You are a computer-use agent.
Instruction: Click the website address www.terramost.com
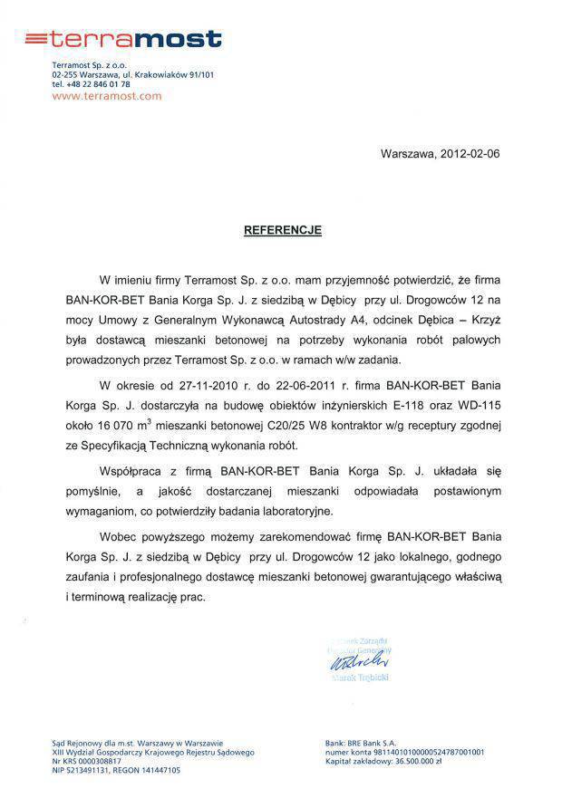(107, 95)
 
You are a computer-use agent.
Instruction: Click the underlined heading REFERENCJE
(282, 230)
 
